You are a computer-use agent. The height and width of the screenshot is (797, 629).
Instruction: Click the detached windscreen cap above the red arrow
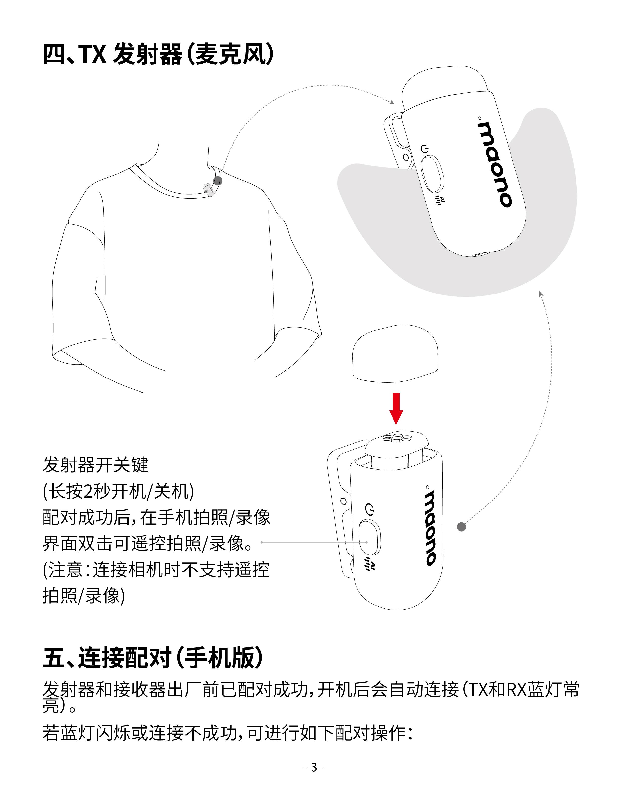point(395,353)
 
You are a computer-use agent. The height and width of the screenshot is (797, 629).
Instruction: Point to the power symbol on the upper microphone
point(425,149)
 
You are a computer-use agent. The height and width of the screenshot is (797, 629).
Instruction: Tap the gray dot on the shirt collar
point(218,181)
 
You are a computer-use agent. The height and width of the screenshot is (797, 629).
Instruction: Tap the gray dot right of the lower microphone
point(461,527)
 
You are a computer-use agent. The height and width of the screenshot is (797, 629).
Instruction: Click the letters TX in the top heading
point(93,54)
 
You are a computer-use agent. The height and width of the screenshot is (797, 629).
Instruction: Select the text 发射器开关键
point(95,465)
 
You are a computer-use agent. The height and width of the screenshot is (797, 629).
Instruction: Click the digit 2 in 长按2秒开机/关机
point(89,491)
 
